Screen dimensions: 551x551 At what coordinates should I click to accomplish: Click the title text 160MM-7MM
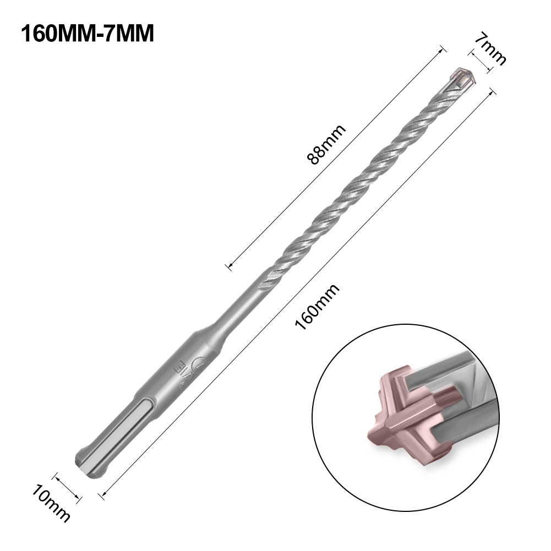[88, 32]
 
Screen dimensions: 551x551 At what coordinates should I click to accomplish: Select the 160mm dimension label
[317, 306]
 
